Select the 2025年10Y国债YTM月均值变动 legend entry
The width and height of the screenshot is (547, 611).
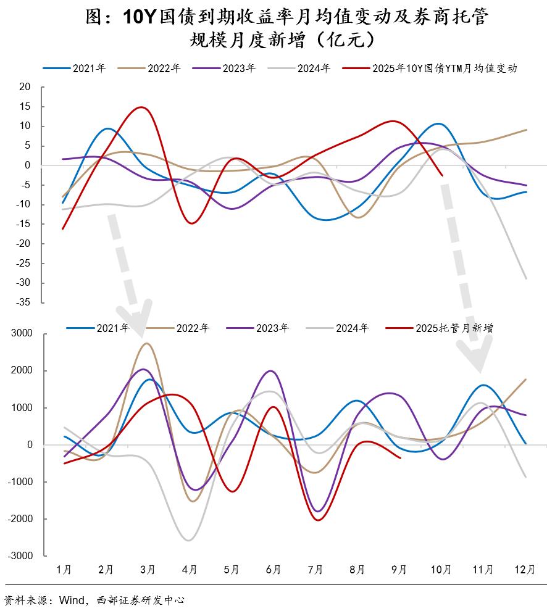(x=444, y=69)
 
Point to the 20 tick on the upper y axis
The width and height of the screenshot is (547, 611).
(x=25, y=87)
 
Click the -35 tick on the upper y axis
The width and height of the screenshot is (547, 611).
(x=23, y=302)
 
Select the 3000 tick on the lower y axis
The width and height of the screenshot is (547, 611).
(x=20, y=335)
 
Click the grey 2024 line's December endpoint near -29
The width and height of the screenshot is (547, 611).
(x=526, y=279)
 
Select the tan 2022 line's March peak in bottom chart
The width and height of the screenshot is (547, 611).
(x=146, y=344)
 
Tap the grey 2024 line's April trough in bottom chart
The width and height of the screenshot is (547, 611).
(x=188, y=541)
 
